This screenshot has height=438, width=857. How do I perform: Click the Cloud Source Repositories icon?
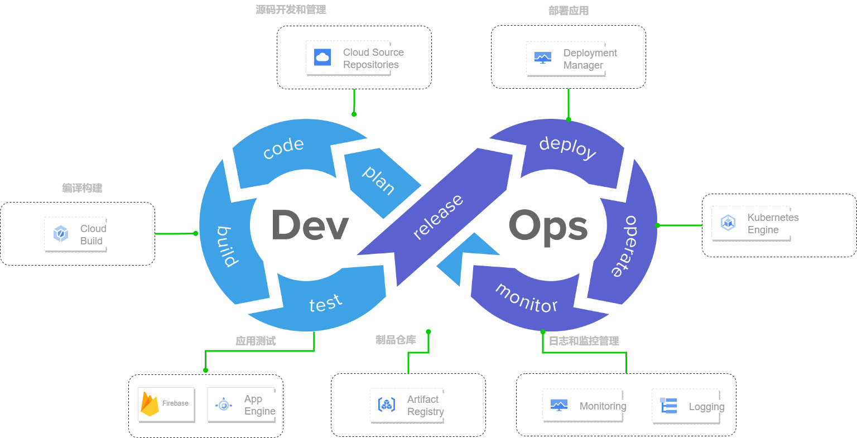tap(322, 57)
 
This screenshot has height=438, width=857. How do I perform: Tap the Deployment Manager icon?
tap(543, 57)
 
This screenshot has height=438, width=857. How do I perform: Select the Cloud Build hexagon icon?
tap(61, 233)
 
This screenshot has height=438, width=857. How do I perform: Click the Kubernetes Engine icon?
tap(728, 223)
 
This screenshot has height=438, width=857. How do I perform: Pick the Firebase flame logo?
tap(150, 404)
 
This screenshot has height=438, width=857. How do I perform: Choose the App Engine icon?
tap(224, 405)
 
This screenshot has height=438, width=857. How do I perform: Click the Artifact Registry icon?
tap(387, 405)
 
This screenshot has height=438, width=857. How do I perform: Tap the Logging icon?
tap(668, 406)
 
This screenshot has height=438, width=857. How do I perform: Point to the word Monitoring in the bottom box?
tap(603, 406)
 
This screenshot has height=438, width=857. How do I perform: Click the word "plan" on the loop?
tap(379, 180)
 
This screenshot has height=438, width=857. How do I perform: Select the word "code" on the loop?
tap(283, 148)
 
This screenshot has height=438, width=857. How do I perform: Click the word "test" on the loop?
tap(325, 303)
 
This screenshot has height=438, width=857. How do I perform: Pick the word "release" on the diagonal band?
tap(438, 217)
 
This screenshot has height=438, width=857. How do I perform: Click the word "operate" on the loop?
tap(629, 246)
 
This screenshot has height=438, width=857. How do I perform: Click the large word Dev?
tap(310, 226)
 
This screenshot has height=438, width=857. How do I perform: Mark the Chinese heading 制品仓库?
tap(396, 340)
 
